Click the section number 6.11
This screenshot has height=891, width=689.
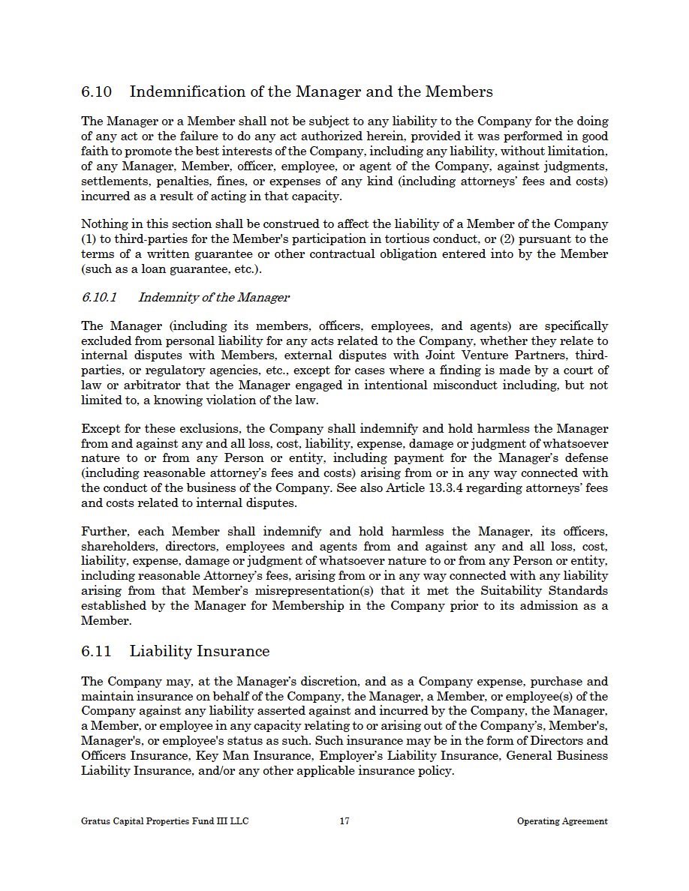pos(96,651)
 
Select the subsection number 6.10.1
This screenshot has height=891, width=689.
pos(99,297)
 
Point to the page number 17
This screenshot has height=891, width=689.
pos(344,821)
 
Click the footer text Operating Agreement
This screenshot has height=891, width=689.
pos(562,821)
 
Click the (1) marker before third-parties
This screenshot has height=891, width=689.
pos(89,239)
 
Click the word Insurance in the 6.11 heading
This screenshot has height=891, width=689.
pos(233,651)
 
